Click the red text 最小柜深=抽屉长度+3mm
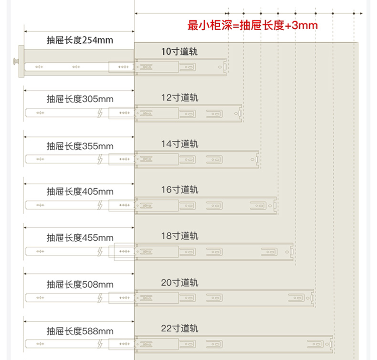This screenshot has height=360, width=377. (252, 25)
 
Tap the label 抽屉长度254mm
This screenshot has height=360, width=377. (79, 40)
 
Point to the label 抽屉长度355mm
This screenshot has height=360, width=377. (79, 146)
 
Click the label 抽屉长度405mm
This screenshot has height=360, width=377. (79, 192)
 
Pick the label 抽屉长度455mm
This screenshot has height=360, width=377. (79, 237)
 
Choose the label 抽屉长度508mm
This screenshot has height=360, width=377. (79, 285)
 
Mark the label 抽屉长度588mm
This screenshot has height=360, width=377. (79, 331)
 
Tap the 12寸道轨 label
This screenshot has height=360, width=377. (179, 97)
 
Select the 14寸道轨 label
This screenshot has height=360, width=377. (179, 144)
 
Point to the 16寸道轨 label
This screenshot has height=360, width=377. (179, 190)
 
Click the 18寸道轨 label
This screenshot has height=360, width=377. (179, 236)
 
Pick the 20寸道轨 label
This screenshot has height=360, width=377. (179, 283)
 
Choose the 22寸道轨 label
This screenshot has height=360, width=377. (179, 329)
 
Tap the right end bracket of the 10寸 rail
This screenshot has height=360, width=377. (225, 66)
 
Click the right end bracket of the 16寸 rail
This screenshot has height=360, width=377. (275, 205)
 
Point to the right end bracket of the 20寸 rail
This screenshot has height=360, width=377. (313, 297)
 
